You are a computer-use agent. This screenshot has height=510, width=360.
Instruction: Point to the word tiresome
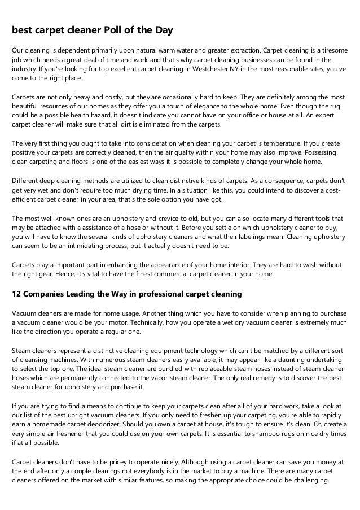tap(333, 50)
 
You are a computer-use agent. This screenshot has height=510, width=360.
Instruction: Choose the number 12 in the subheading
tap(17, 294)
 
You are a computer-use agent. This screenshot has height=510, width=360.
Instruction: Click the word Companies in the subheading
tap(47, 294)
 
